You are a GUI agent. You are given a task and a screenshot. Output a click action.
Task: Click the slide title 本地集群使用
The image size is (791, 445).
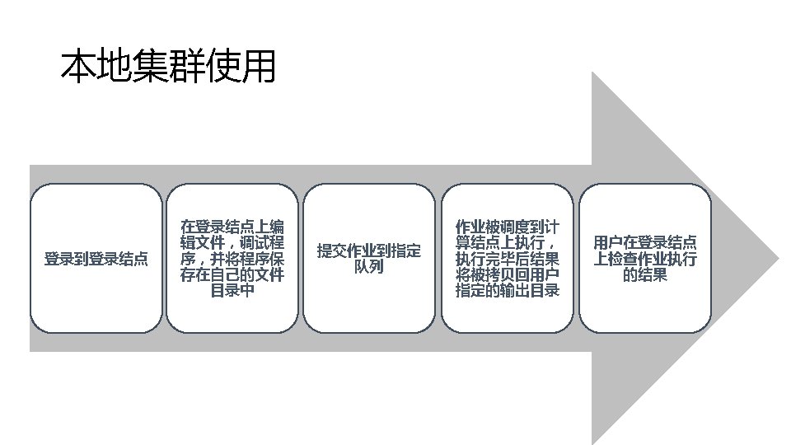coord(167,67)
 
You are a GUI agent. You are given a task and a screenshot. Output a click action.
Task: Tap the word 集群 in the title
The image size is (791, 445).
coord(167,67)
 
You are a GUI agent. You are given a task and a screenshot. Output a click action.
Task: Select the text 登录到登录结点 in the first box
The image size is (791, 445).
coord(96,259)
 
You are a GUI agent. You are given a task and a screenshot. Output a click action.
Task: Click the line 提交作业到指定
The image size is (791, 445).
coord(369,251)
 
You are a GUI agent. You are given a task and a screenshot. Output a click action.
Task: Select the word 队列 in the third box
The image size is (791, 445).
coord(369,267)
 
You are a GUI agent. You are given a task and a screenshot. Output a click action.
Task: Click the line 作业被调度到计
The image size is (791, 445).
coord(508,227)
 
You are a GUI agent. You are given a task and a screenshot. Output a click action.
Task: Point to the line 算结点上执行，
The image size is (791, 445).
coord(508,243)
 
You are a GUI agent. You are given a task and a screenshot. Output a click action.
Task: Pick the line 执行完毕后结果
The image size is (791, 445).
coord(508,259)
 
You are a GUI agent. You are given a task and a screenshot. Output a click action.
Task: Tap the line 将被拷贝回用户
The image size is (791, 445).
coord(508,275)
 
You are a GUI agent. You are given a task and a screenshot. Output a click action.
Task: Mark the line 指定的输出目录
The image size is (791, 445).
coord(508,291)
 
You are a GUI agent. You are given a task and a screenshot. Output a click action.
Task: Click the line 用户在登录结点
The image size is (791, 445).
coord(645,243)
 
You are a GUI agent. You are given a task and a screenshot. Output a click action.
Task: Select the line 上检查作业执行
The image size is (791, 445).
coord(645,259)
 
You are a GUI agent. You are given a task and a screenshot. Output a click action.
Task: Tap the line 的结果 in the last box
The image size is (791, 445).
coord(645,275)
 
